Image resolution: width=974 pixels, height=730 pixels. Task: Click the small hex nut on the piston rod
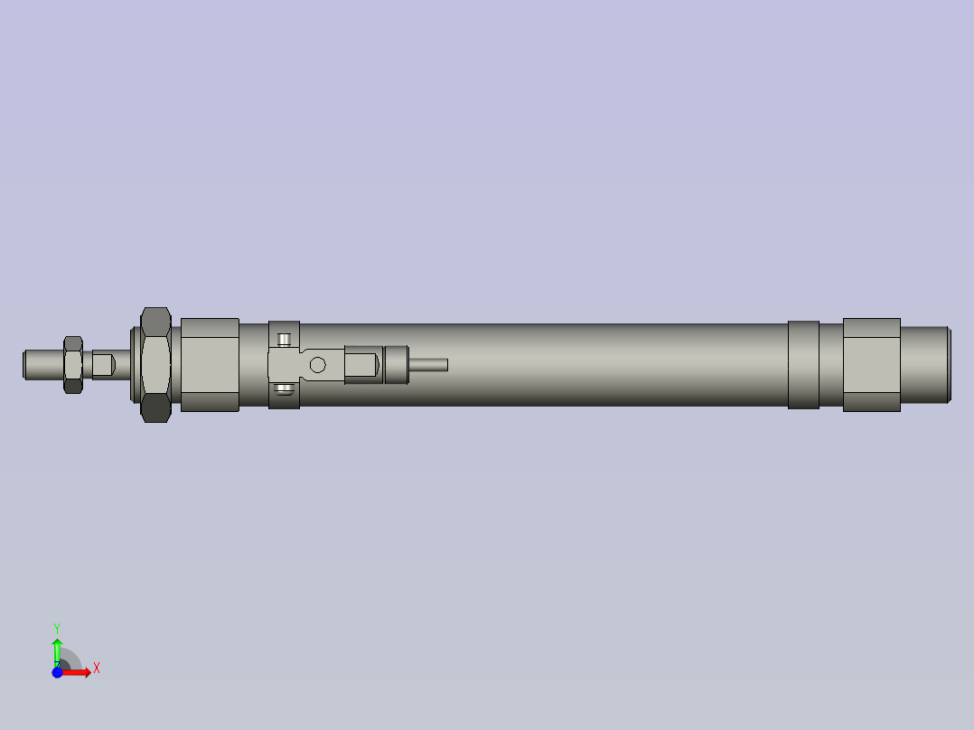point(73,364)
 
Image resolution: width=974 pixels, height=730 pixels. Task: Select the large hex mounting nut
point(155,364)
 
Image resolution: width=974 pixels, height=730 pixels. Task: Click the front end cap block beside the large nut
point(210,364)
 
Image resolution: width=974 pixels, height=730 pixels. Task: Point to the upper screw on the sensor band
point(285,340)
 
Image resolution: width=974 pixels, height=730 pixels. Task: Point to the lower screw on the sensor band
point(285,389)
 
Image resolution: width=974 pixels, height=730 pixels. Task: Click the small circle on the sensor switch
point(317,364)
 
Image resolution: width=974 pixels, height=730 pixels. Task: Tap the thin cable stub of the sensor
point(429,364)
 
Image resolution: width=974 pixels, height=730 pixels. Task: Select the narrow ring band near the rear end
point(803,364)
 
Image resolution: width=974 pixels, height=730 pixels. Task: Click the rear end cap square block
point(871,364)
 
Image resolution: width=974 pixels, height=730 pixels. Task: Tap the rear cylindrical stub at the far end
point(925,364)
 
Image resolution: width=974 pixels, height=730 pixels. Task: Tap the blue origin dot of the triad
point(57,672)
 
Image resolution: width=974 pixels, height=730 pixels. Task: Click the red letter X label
point(97,668)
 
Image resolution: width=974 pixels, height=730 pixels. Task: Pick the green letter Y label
point(57,627)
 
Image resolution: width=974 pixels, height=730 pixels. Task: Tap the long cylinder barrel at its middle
point(596,364)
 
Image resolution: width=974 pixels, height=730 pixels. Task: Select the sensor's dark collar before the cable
point(397,364)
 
